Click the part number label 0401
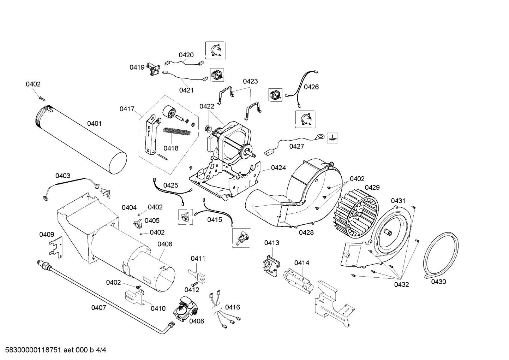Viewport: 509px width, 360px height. click(94, 123)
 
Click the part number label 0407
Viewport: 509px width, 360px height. click(98, 307)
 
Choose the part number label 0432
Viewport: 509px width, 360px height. click(401, 284)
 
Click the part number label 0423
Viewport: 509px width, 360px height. click(250, 81)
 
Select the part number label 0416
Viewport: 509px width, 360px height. click(232, 307)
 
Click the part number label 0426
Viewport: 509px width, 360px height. click(311, 87)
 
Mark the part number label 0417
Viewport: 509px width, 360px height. click(127, 109)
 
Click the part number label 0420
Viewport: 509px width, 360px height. click(186, 55)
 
